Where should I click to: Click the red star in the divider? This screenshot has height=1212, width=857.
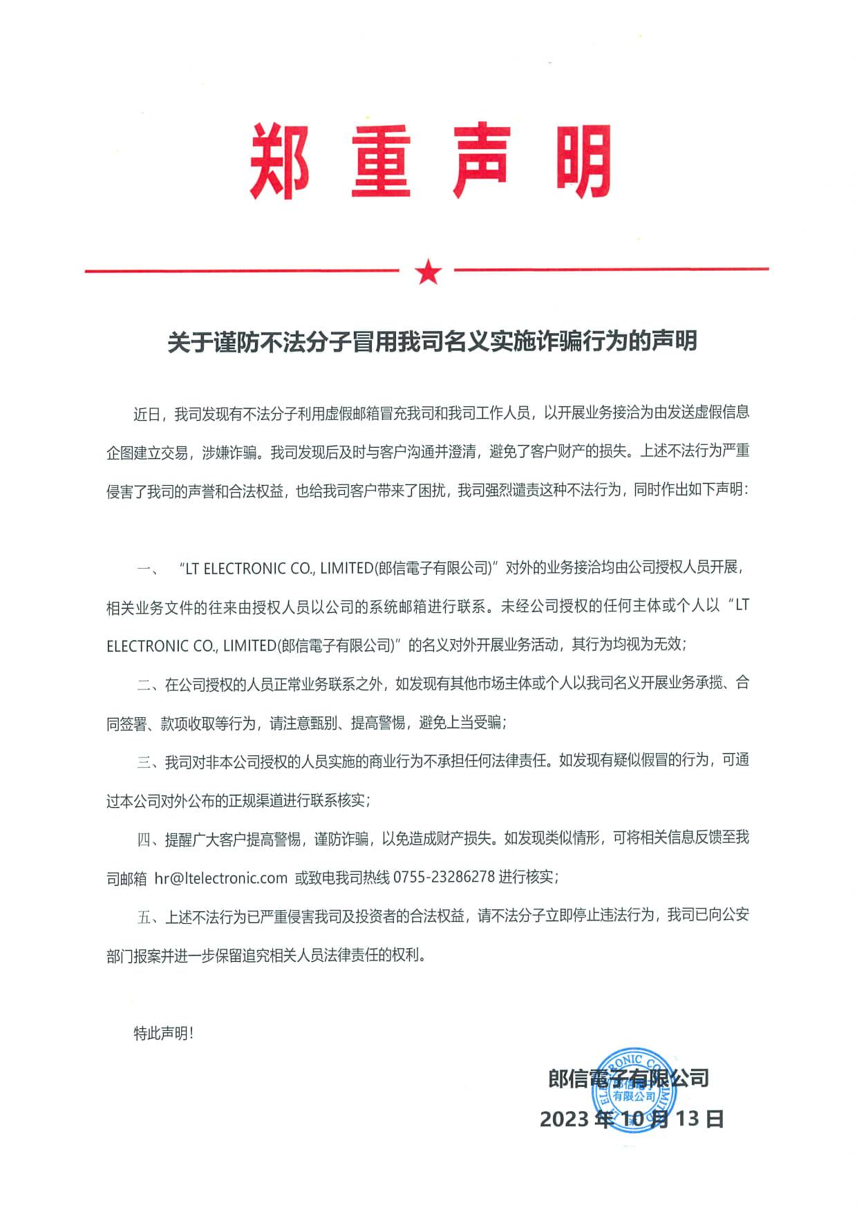(428, 272)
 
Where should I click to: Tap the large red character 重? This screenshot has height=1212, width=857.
(382, 162)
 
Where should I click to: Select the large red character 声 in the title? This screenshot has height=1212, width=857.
(482, 162)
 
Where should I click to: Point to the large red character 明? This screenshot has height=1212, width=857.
(583, 162)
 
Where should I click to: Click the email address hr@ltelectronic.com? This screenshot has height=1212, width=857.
(220, 878)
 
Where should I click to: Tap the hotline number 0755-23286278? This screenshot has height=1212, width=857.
(444, 877)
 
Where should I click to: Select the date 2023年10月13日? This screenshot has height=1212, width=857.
(632, 1119)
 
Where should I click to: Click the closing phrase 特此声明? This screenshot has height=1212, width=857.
(164, 1033)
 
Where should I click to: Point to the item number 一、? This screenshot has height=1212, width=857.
(148, 569)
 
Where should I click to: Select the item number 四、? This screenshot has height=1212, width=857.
(150, 840)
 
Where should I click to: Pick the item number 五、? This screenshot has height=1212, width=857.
(150, 917)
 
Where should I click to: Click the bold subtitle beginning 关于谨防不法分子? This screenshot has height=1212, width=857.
(432, 341)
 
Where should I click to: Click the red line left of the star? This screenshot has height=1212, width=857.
(242, 271)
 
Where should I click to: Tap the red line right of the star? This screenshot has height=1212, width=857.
(611, 269)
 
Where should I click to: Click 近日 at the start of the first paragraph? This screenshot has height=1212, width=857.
(147, 414)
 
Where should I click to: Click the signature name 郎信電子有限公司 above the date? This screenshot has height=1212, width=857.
(628, 1078)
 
